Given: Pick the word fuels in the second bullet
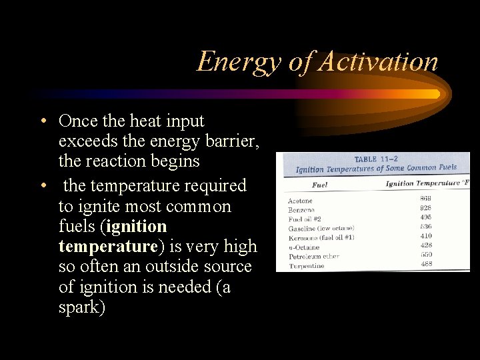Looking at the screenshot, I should click(77, 227).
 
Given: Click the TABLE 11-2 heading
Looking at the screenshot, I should click(375, 160).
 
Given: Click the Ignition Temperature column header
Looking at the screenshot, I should click(426, 183).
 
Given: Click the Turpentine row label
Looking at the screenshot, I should click(306, 266).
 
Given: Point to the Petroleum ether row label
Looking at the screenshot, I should click(313, 257).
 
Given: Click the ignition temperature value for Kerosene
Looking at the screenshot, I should click(425, 236).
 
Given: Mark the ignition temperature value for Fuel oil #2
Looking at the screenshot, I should click(425, 217).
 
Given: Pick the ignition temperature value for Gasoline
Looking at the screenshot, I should click(425, 227).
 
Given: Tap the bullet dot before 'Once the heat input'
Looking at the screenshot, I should click(42, 121).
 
